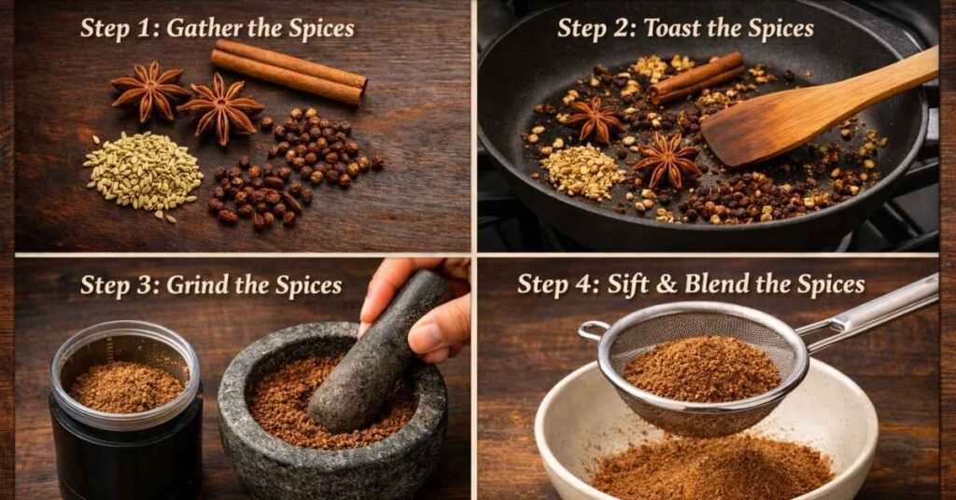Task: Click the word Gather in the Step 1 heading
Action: point(201,28)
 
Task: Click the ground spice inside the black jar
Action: point(127,385)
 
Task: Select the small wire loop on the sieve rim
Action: point(592,329)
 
